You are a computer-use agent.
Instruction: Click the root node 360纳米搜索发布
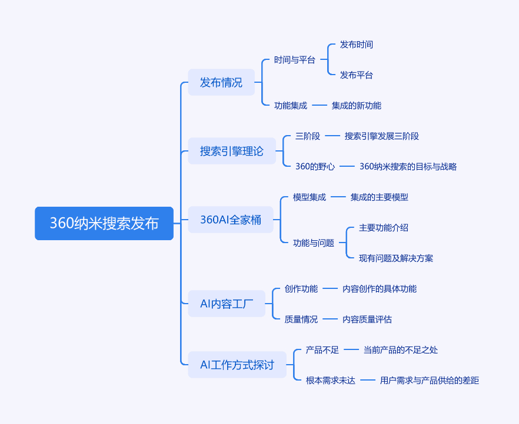click(104, 223)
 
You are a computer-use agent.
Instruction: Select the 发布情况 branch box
click(221, 82)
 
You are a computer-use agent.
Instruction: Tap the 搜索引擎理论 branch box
click(232, 151)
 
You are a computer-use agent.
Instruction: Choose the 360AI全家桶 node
click(231, 220)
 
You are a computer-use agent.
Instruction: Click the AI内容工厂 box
click(227, 304)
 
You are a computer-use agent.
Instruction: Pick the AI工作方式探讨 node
click(237, 365)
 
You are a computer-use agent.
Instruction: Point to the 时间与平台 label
click(295, 60)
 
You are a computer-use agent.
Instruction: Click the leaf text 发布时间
click(357, 45)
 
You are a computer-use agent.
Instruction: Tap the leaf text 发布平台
click(357, 75)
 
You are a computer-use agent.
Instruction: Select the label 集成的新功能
click(357, 106)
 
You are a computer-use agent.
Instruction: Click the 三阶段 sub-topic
click(308, 136)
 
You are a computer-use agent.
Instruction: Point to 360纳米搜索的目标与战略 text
click(408, 166)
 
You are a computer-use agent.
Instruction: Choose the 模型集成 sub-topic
click(310, 197)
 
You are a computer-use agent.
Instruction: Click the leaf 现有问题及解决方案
click(396, 258)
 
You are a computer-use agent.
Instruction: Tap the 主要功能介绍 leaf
click(384, 227)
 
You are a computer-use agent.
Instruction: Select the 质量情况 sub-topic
click(301, 319)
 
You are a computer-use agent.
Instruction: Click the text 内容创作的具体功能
click(380, 288)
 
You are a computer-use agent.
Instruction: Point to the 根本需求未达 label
click(331, 381)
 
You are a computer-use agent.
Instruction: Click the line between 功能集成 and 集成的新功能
click(320, 105)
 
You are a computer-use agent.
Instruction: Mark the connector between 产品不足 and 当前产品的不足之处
click(351, 349)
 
